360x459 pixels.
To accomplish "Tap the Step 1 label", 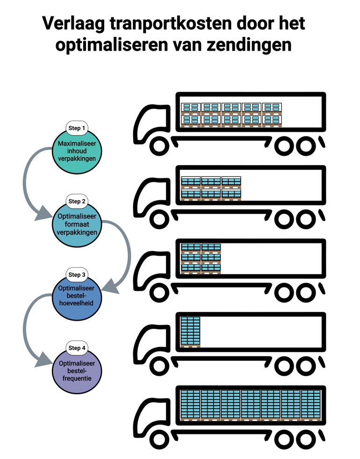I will [x=77, y=128].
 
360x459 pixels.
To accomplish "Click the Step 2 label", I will [x=77, y=201].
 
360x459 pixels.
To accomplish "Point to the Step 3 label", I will [x=77, y=275].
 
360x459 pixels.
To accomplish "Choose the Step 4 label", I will [x=77, y=348].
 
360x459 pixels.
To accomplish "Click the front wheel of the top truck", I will [x=159, y=146].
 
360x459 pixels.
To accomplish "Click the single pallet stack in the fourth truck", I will [x=190, y=331].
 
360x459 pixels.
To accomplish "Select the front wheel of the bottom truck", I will [x=159, y=440].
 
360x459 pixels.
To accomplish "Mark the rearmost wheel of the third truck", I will [x=306, y=293].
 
